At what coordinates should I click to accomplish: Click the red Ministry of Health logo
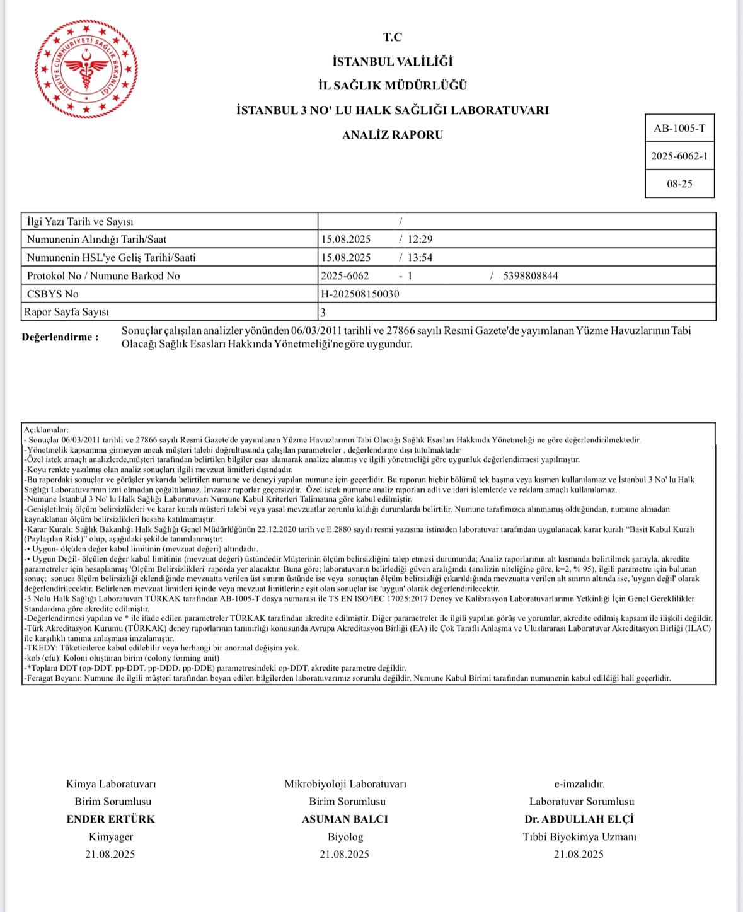click(x=86, y=69)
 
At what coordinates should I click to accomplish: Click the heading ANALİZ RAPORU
click(x=392, y=135)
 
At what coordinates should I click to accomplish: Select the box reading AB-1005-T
click(x=679, y=129)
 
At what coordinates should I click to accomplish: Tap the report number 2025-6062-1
click(x=679, y=156)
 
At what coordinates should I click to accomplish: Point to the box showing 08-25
click(x=679, y=184)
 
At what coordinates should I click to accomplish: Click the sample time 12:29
click(x=420, y=240)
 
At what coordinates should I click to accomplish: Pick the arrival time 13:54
click(x=420, y=258)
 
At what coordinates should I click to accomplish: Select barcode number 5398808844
click(x=531, y=276)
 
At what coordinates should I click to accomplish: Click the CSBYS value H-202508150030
click(x=360, y=294)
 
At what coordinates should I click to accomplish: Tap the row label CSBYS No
click(x=53, y=294)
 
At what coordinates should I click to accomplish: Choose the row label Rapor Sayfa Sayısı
click(x=67, y=313)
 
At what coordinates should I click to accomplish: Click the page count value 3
click(x=323, y=313)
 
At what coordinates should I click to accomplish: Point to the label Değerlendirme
click(x=60, y=337)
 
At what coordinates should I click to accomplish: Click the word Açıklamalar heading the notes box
click(x=45, y=430)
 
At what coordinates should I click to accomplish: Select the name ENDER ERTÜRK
click(x=111, y=819)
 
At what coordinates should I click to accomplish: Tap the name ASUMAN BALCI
click(x=345, y=819)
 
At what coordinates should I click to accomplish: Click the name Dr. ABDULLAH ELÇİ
click(x=579, y=819)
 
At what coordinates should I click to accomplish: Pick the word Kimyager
click(x=111, y=837)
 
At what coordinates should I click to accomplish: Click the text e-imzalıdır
click(x=579, y=784)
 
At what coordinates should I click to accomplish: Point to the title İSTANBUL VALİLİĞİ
click(x=392, y=62)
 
